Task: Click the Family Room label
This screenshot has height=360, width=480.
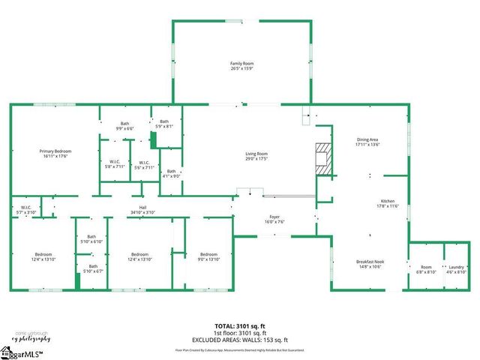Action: (241, 64)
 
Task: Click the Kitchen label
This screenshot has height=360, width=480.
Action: (387, 202)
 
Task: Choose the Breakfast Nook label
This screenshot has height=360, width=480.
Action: (370, 262)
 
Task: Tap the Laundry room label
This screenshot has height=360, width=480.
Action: (455, 267)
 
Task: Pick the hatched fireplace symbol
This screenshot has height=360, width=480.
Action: (323, 158)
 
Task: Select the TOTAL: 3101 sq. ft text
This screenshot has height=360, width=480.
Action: (240, 326)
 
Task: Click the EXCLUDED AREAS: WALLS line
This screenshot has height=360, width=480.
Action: (240, 340)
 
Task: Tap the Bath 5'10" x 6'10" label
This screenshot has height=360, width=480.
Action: (91, 238)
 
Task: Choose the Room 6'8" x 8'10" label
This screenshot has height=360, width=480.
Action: (426, 267)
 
